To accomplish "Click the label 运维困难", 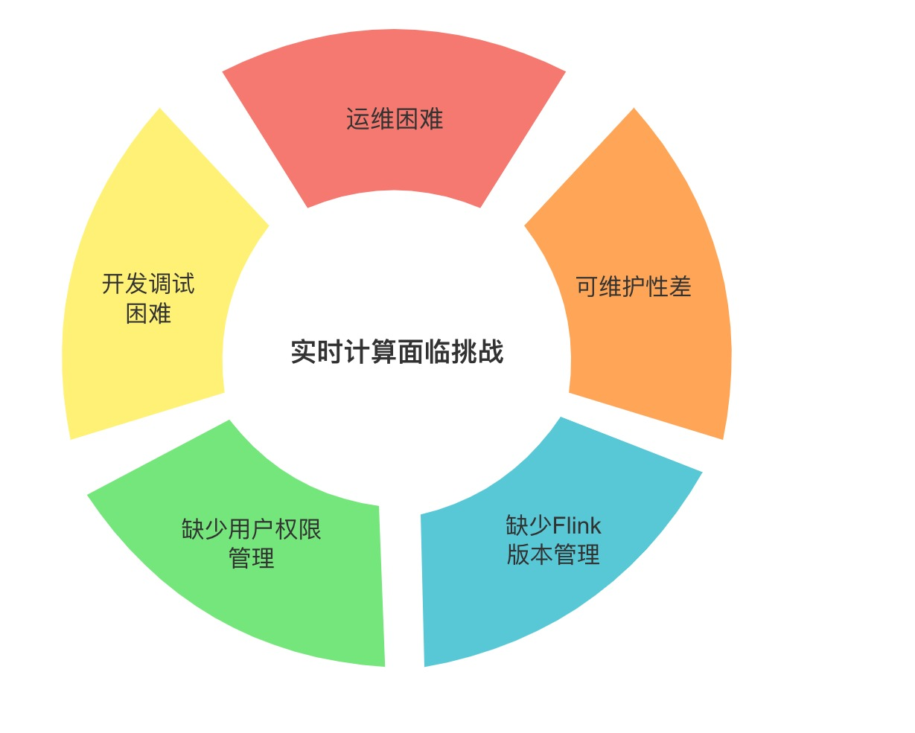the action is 395,119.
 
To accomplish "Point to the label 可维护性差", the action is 634,287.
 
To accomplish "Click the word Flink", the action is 577,526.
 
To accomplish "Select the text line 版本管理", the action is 553,555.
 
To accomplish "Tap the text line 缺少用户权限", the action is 252,529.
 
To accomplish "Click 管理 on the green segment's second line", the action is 252,558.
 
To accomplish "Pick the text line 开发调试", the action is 148,284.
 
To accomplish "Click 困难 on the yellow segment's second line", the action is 148,314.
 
